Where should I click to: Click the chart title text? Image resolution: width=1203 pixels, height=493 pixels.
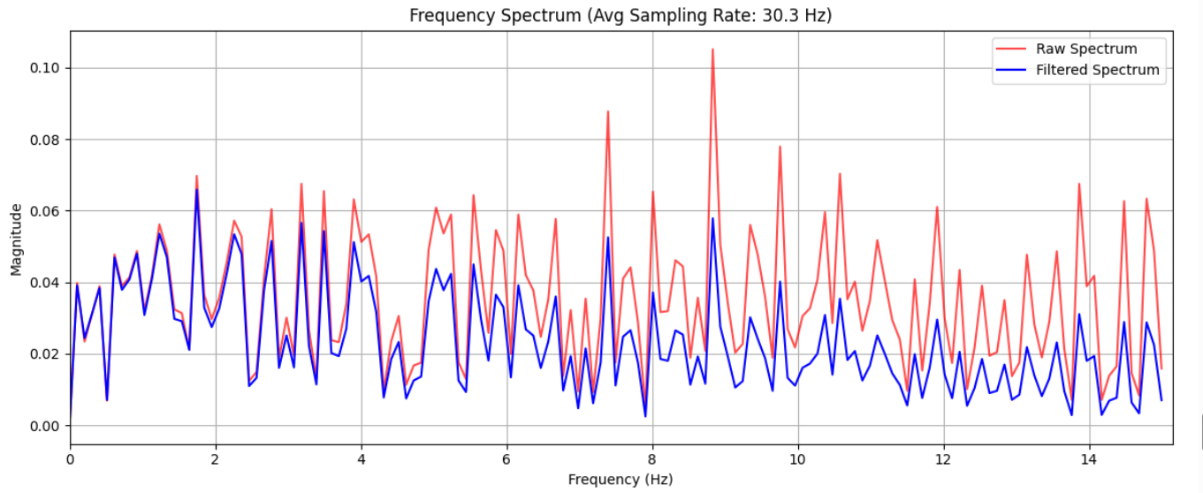pos(621,15)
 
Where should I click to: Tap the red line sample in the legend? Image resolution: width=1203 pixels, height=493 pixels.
pos(1011,49)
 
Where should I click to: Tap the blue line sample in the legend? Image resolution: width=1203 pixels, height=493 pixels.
pos(1011,70)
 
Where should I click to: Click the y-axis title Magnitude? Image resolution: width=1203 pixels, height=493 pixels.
pos(16,239)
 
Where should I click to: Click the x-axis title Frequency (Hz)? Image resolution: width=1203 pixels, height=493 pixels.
pos(621,479)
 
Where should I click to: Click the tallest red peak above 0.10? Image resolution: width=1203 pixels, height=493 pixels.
pos(712,49)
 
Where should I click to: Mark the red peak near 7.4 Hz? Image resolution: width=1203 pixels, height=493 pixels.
pos(608,111)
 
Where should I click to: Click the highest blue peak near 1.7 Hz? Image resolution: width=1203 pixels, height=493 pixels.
pos(196,189)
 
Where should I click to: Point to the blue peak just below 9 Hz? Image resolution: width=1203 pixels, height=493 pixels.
pos(712,218)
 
